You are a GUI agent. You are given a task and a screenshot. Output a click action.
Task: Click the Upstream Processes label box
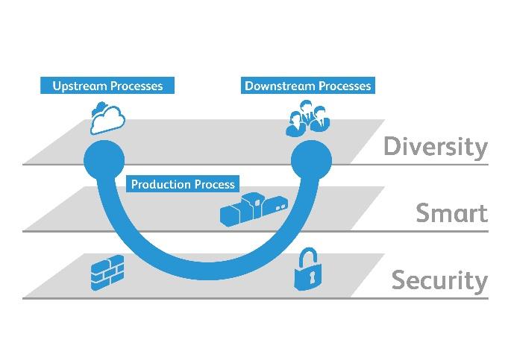(107, 86)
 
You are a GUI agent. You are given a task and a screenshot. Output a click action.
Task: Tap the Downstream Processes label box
(308, 86)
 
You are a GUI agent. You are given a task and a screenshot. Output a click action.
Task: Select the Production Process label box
(183, 184)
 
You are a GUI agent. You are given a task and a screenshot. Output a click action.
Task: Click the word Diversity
(436, 148)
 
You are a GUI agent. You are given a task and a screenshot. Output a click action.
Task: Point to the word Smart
(451, 213)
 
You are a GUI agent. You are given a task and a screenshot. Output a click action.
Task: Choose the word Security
(439, 281)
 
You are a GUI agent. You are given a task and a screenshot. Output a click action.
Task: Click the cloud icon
(108, 119)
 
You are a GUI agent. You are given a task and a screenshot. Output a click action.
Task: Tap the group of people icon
(307, 118)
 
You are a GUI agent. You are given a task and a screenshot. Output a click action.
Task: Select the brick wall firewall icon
(107, 273)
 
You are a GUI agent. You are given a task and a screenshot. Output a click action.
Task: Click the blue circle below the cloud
(104, 160)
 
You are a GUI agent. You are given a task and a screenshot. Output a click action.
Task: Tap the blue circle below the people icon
(311, 160)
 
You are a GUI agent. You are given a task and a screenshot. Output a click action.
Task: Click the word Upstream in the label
(80, 86)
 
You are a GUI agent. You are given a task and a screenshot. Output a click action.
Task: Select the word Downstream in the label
(280, 86)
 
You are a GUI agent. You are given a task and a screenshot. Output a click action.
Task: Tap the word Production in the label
(160, 184)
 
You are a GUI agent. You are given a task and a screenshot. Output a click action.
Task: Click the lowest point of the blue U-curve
(208, 271)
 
